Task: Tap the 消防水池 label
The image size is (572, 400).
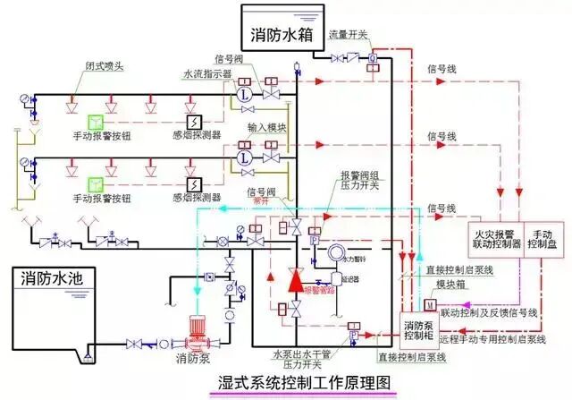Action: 52,278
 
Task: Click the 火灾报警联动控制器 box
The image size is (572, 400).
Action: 495,240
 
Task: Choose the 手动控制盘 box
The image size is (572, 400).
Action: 543,240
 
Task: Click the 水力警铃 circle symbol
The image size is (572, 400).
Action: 339,254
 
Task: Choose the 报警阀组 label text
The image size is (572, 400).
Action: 358,174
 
